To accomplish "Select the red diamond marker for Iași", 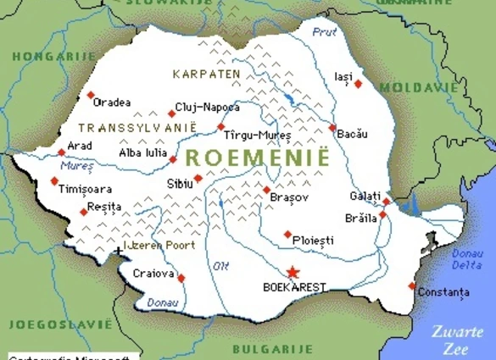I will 358,83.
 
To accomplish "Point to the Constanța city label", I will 443,292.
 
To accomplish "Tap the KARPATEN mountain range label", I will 207,74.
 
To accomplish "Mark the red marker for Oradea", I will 90,95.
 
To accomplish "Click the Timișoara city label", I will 85,190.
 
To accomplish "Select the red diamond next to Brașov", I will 266,190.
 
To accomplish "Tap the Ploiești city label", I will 312,241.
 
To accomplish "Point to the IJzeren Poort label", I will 159,245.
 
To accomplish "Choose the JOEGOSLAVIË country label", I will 59,324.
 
